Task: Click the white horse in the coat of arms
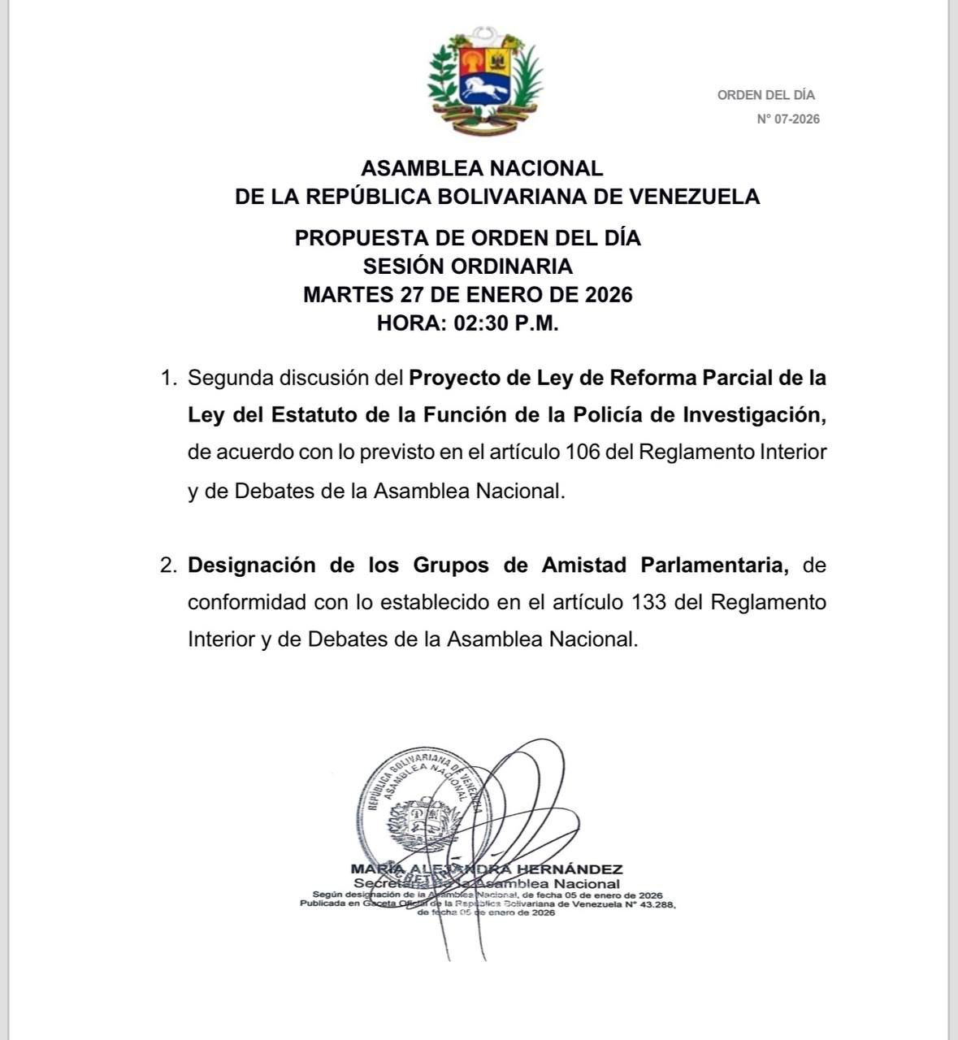click(x=484, y=87)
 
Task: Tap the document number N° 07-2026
click(x=788, y=119)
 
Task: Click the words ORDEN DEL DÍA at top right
click(x=765, y=95)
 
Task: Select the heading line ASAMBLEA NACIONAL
click(x=482, y=168)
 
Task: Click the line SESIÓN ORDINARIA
click(x=467, y=266)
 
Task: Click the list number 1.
click(x=168, y=378)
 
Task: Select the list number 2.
click(x=168, y=565)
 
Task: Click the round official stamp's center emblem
click(x=420, y=821)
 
